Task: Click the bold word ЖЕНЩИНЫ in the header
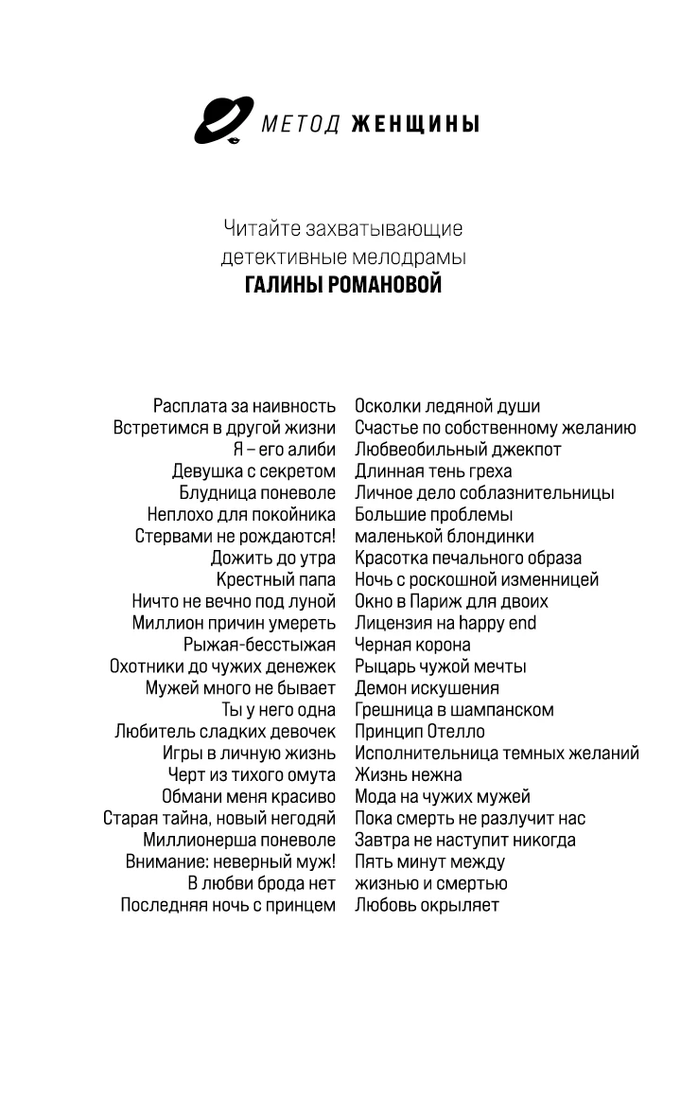(414, 124)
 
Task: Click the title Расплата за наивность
(244, 406)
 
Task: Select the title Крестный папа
(275, 579)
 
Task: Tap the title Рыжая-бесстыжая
(259, 645)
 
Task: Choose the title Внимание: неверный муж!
(231, 861)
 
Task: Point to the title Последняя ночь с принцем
(228, 905)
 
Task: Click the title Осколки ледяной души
(447, 406)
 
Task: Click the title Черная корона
(412, 645)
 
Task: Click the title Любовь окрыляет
(427, 905)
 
